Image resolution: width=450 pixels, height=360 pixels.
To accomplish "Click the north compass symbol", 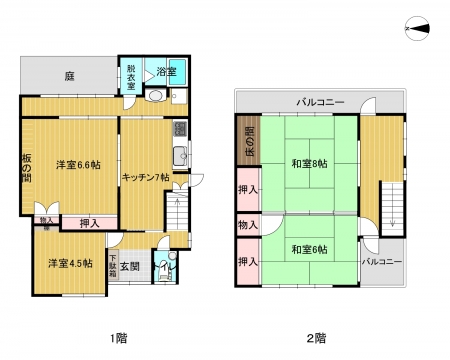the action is click(417, 29).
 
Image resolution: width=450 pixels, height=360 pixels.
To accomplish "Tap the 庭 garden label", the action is click(69, 77).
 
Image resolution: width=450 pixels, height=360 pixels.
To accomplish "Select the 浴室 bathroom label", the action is click(166, 71).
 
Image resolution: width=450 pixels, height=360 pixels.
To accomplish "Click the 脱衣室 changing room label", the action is click(131, 77).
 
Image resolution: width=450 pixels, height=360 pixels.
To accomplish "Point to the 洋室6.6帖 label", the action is click(78, 165).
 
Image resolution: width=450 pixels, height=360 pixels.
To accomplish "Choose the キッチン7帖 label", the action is click(145, 177).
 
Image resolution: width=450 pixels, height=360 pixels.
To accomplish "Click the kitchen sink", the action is click(181, 156).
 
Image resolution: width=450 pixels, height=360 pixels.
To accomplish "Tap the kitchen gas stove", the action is click(180, 129).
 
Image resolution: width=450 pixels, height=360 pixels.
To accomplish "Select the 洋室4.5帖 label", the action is click(70, 263).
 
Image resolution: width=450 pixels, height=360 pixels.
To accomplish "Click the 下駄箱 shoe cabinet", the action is click(113, 266).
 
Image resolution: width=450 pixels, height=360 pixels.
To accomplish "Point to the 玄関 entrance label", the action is click(130, 266).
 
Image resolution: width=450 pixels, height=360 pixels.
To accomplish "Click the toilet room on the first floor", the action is click(165, 267).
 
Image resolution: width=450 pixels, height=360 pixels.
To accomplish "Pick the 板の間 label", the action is click(27, 168).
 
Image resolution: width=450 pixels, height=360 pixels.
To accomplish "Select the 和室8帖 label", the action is click(310, 164).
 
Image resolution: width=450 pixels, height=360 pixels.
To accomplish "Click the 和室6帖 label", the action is click(309, 249).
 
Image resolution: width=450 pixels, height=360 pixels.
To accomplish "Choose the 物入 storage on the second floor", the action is click(248, 225).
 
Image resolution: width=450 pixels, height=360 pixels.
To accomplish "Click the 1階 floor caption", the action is click(119, 339).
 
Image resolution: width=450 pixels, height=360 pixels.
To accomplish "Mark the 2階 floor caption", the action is click(316, 339).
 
